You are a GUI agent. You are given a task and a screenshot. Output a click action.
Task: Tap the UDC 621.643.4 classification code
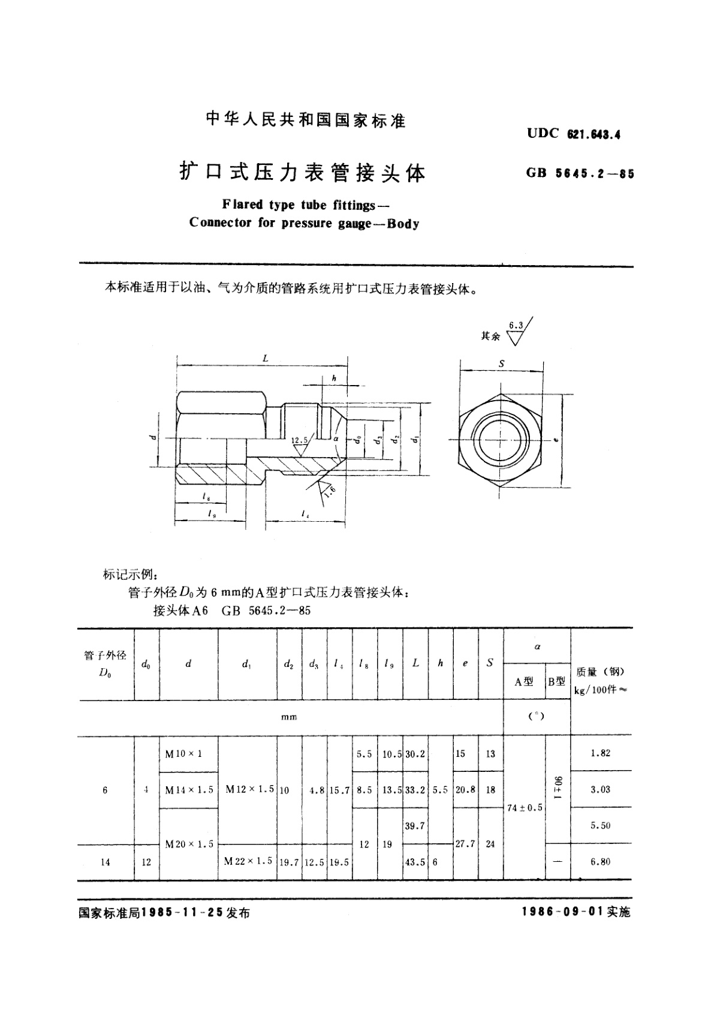point(573,134)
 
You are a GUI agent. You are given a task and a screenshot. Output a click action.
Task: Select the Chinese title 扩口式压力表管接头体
point(303,172)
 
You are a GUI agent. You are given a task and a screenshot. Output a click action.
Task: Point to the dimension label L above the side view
point(265,359)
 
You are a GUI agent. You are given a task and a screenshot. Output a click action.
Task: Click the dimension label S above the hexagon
point(502,363)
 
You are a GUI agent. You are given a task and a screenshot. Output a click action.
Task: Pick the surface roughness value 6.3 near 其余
point(516,326)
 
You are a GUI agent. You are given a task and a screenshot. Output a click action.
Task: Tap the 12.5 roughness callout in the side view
point(299,440)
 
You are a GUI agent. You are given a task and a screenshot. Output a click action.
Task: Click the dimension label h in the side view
point(334,378)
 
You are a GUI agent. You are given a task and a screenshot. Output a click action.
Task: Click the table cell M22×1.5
point(248,861)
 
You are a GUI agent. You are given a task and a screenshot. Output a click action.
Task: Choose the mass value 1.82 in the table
point(600,753)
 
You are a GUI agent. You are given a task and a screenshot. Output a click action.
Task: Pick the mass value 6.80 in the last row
point(600,861)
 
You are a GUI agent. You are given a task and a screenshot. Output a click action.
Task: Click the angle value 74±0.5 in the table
point(525,807)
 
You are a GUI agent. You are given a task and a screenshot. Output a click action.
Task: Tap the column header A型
point(524,681)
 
